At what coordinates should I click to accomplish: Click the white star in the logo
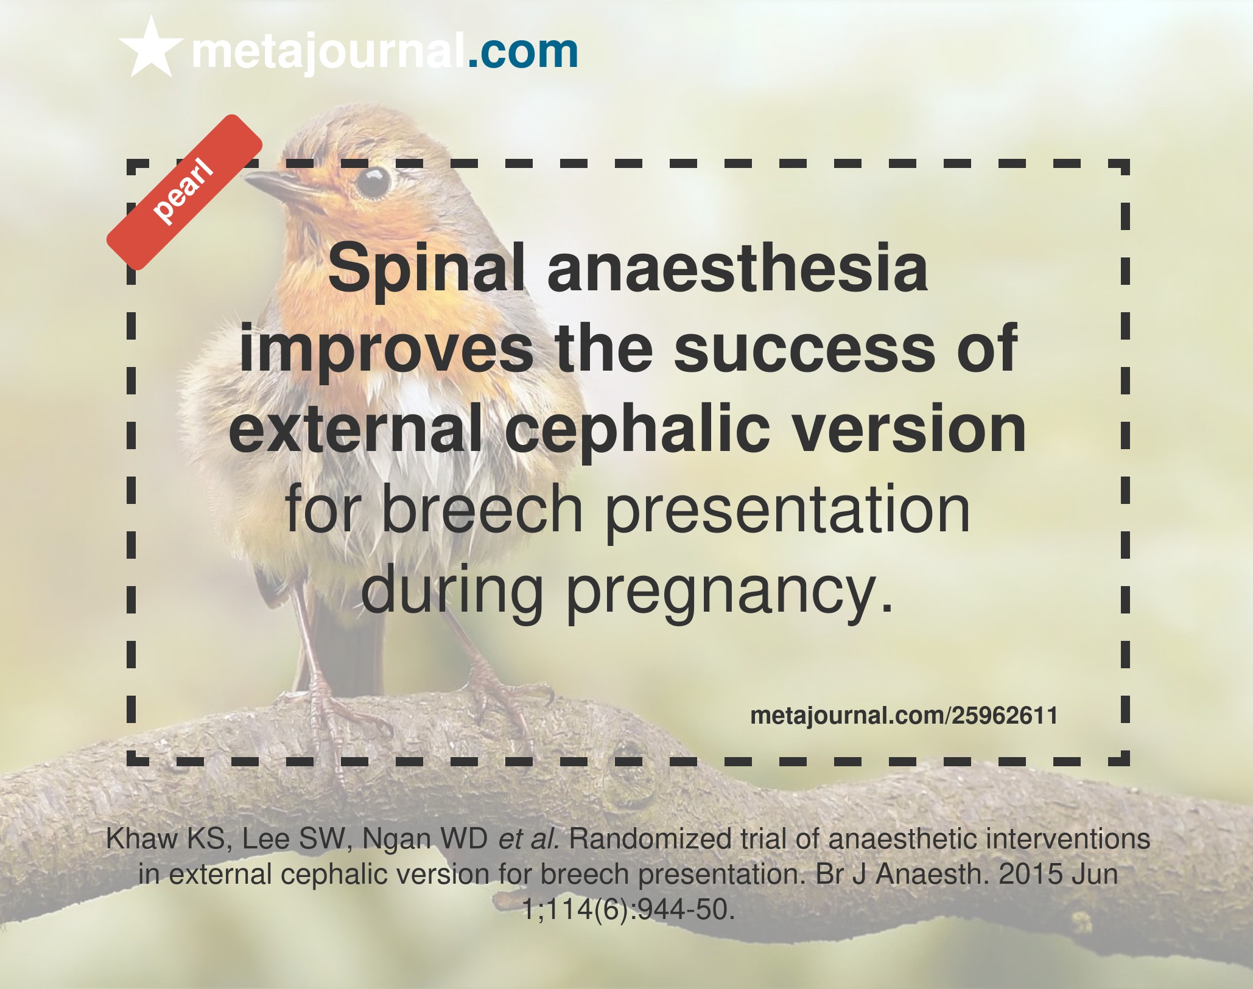pyautogui.click(x=151, y=48)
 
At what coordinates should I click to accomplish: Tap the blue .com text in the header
pyautogui.click(x=522, y=52)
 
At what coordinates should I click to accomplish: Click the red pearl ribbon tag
pyautogui.click(x=184, y=192)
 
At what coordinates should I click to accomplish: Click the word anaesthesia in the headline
pyautogui.click(x=737, y=268)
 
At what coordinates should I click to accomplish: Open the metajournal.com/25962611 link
pyautogui.click(x=904, y=716)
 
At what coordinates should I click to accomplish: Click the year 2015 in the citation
pyautogui.click(x=1031, y=875)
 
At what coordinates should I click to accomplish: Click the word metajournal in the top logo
pyautogui.click(x=328, y=52)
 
